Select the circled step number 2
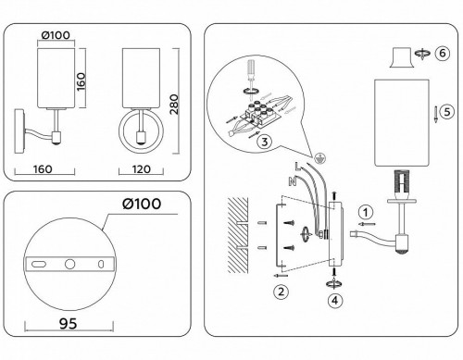279,293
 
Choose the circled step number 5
445,111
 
